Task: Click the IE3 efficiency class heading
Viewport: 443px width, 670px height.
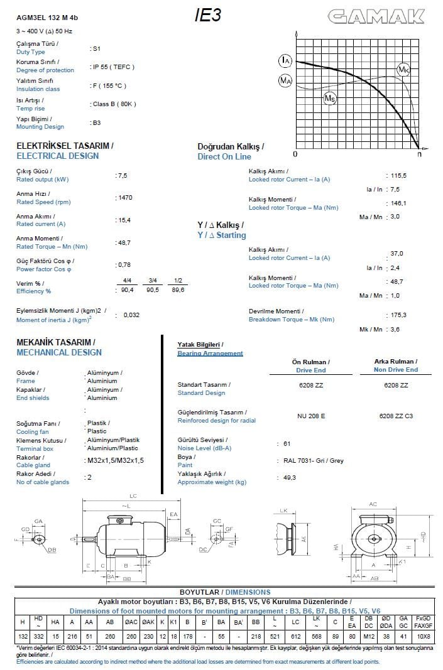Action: (207, 16)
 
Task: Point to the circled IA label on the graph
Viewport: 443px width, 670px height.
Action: (286, 60)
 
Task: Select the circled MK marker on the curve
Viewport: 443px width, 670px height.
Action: (403, 70)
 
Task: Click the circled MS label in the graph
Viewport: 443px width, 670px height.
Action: (330, 98)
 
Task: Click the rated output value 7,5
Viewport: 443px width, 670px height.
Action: (121, 175)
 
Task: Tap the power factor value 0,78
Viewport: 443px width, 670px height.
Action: (124, 264)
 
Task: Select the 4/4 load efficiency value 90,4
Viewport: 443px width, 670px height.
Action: (127, 290)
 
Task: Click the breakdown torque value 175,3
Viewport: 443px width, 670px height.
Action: (398, 315)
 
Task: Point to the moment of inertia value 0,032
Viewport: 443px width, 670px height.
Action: (131, 315)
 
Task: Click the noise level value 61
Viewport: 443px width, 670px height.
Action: (287, 443)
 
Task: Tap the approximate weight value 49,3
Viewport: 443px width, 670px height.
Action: (290, 478)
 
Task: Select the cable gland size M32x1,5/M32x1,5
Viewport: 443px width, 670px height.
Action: (116, 460)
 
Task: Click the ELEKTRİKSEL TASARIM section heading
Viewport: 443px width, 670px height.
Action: (64, 145)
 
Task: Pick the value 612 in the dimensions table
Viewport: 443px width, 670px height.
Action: (295, 635)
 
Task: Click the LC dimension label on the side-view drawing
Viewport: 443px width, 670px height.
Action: (133, 496)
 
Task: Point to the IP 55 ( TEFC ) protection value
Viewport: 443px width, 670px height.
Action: (113, 67)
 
